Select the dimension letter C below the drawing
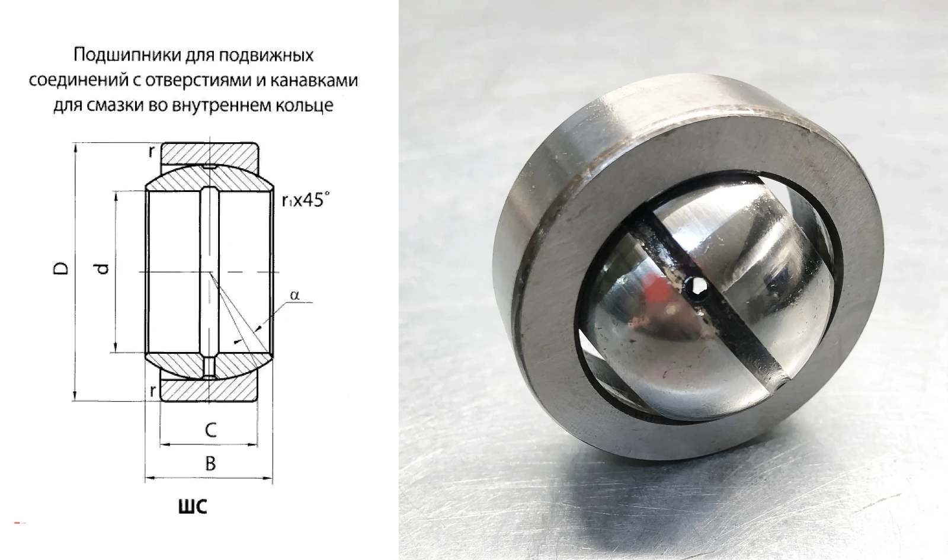point(210,430)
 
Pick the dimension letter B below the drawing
point(210,464)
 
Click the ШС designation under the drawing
point(193,506)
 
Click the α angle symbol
point(294,295)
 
